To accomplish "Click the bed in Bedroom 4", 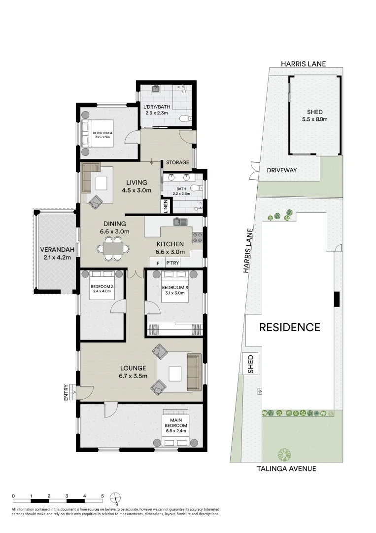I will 98,133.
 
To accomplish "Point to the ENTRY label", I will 66,392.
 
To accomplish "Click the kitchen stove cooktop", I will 197,237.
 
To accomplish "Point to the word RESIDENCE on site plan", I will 290,327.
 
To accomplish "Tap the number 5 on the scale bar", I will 103,495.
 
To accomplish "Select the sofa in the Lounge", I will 194,372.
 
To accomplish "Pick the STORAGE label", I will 177,162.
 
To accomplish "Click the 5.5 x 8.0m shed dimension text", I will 314,119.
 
